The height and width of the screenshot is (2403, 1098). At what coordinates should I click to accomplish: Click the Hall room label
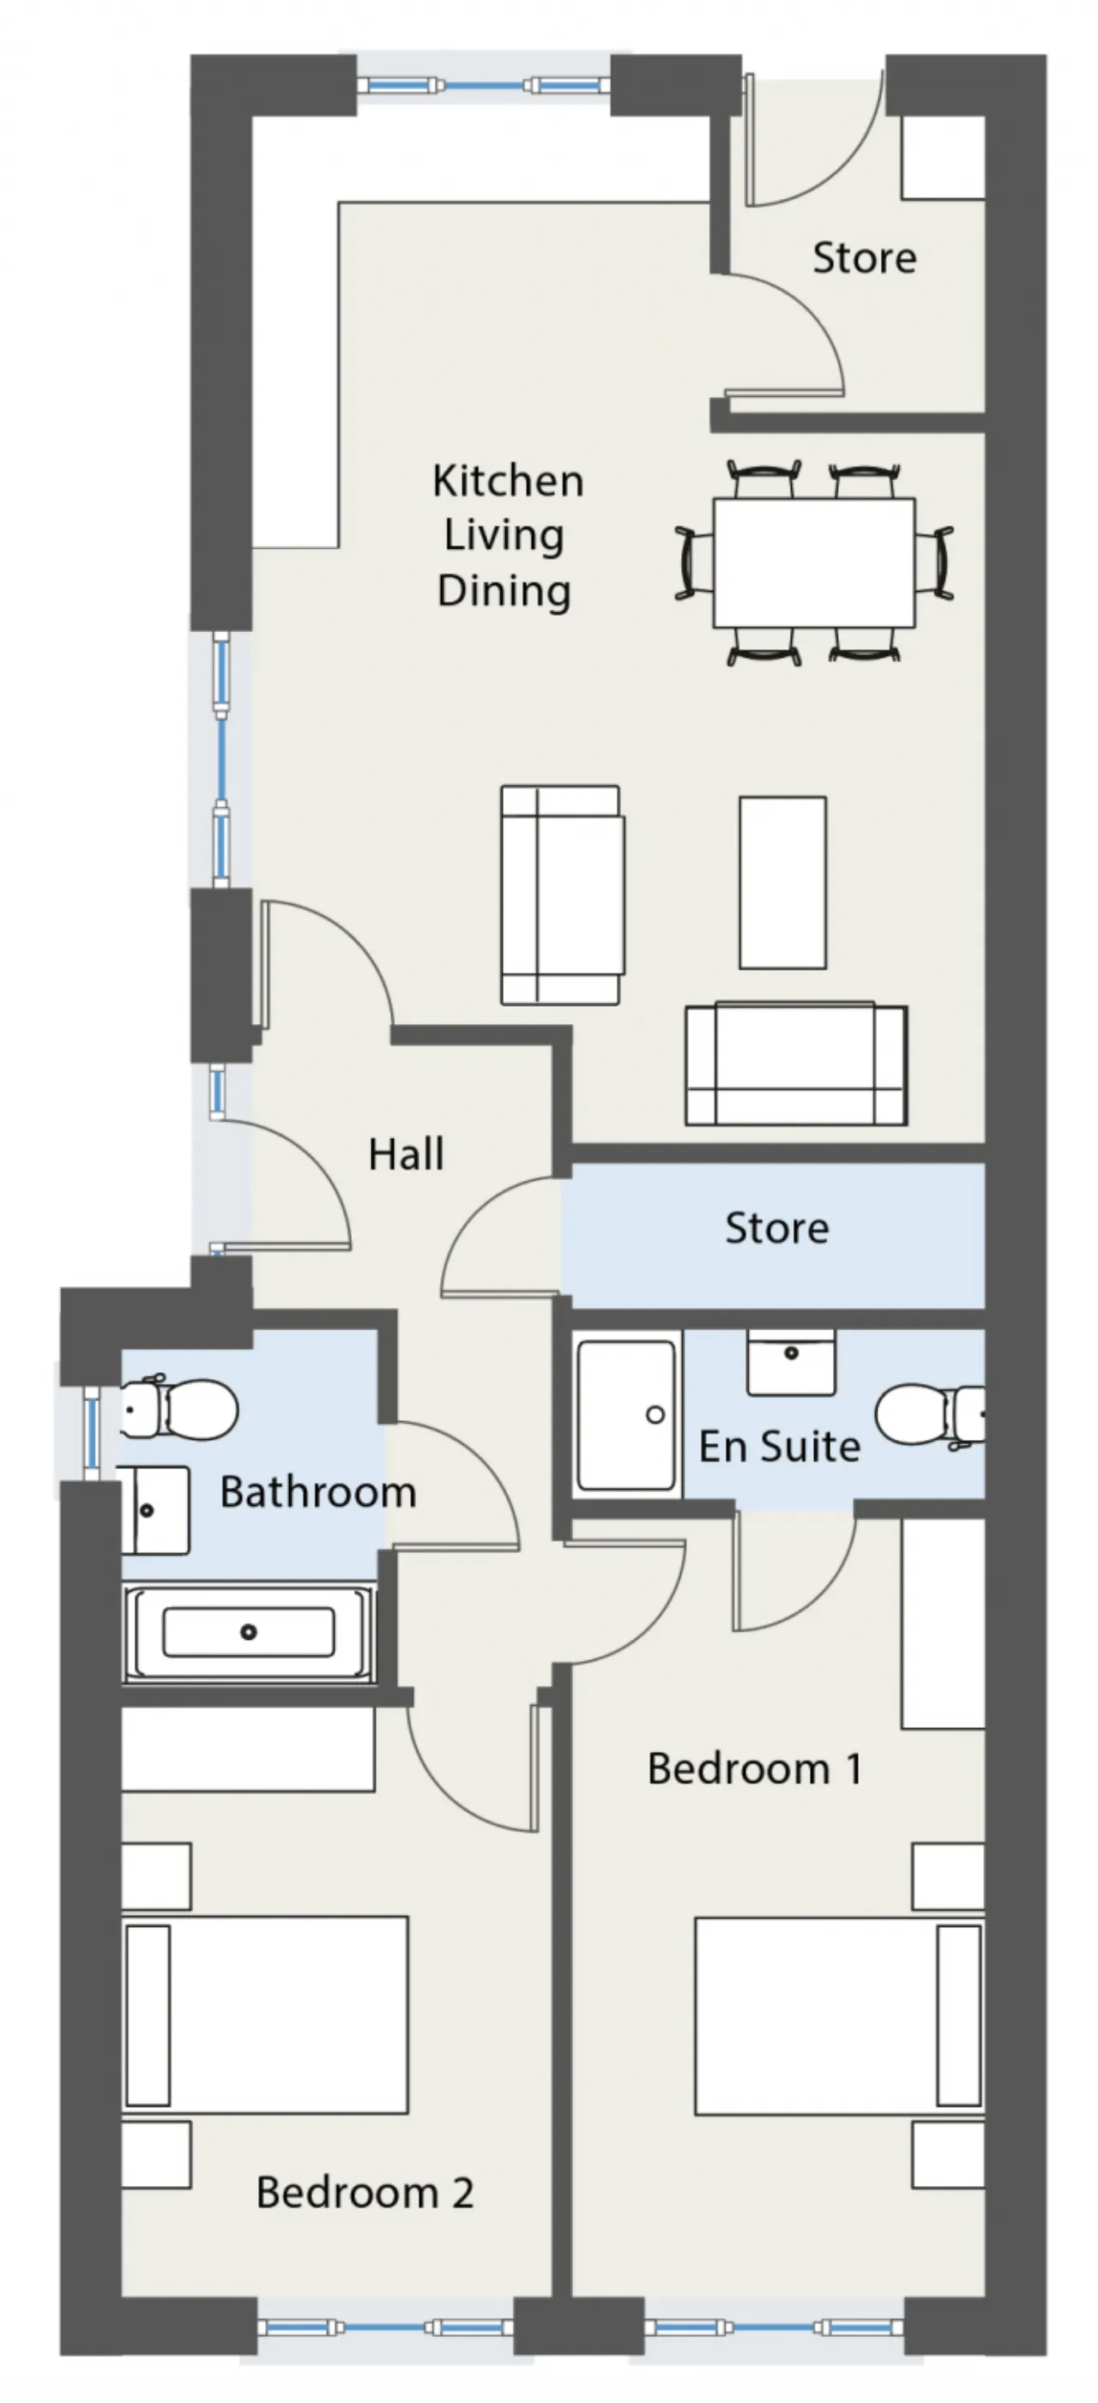[406, 1154]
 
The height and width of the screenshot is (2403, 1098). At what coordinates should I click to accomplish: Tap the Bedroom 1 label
[755, 1768]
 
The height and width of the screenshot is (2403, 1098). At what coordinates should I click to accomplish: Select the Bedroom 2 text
[365, 2192]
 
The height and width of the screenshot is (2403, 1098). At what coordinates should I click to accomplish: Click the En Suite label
[779, 1447]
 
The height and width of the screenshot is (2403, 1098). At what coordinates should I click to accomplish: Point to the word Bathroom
[318, 1491]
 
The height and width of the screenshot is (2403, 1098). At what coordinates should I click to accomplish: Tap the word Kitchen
[509, 480]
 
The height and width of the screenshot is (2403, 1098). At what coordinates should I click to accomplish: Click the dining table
[813, 563]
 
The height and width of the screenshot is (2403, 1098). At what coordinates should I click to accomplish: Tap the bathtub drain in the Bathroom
[248, 1631]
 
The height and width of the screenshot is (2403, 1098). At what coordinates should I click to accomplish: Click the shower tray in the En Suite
[626, 1415]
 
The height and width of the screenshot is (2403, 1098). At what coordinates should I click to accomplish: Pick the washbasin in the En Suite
[791, 1363]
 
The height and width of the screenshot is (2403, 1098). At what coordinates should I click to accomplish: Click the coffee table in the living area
[782, 882]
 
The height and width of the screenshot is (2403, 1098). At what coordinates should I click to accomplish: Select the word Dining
[504, 591]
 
